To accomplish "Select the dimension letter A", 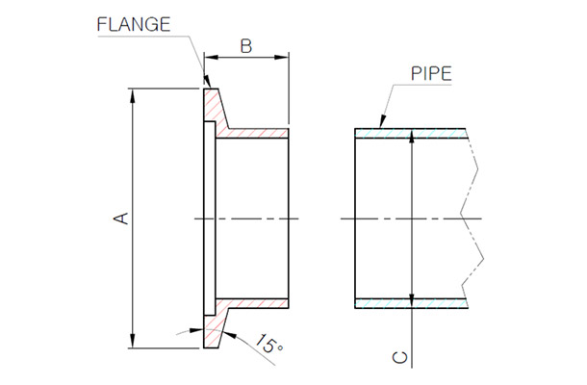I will [x=122, y=219].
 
